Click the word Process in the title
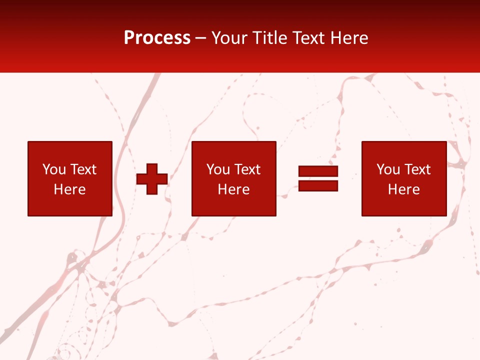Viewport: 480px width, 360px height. [157, 38]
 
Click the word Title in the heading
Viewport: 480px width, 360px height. [270, 38]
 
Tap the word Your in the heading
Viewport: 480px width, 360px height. [229, 38]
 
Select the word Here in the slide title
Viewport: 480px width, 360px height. [349, 38]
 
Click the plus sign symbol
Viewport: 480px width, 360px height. [152, 178]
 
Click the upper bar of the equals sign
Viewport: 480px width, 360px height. [318, 171]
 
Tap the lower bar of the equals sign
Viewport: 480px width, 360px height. [318, 186]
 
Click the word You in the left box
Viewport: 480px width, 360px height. [54, 169]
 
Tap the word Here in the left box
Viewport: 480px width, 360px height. [69, 189]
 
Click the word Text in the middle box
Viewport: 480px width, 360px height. [247, 169]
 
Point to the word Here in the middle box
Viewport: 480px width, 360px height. [233, 189]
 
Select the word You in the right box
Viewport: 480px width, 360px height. [388, 169]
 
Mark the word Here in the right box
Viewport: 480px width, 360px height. [403, 189]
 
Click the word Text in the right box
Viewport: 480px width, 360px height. [417, 169]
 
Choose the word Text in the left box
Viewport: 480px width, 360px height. [83, 169]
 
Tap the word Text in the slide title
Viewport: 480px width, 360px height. [308, 38]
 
